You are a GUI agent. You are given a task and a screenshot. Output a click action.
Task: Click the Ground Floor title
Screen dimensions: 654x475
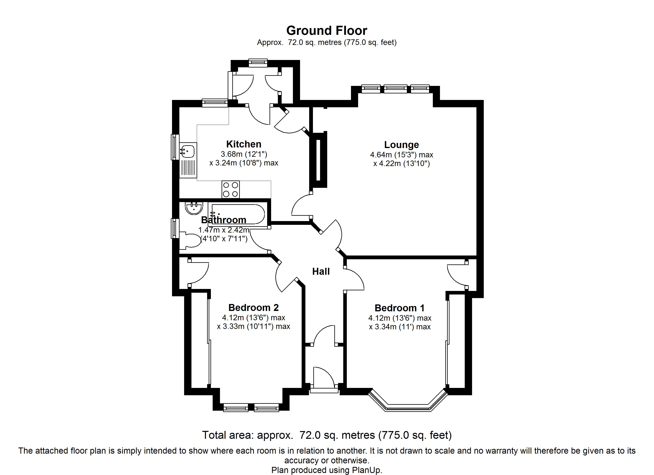[x=327, y=30]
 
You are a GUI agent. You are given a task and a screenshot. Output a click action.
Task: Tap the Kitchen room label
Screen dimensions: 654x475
[x=244, y=144]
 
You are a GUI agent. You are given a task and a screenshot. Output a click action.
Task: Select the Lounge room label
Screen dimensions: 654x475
[x=401, y=145]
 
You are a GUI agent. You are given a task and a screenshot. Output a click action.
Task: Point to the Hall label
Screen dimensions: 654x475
[x=321, y=271]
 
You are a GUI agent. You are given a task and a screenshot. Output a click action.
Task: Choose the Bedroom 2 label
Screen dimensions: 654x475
[x=253, y=308]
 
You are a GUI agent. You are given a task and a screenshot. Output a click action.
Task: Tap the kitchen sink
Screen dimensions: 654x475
[x=188, y=151]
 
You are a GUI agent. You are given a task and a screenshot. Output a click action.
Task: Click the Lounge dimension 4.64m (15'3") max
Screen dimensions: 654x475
[x=401, y=155]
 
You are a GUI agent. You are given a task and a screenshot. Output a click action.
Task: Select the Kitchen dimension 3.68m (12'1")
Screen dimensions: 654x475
[x=244, y=154]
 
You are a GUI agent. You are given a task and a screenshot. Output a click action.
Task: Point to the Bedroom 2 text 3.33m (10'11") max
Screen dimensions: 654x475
[x=253, y=326]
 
